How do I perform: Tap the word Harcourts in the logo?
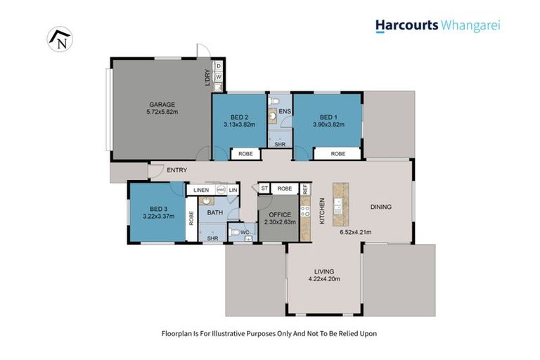click(406, 26)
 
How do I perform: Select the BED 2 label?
click(240, 117)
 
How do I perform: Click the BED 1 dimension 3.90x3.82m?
click(328, 124)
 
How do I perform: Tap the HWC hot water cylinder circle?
click(220, 189)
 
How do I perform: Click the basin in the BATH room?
click(207, 201)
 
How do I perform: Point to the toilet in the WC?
click(235, 231)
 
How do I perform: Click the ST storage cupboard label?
click(265, 188)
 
